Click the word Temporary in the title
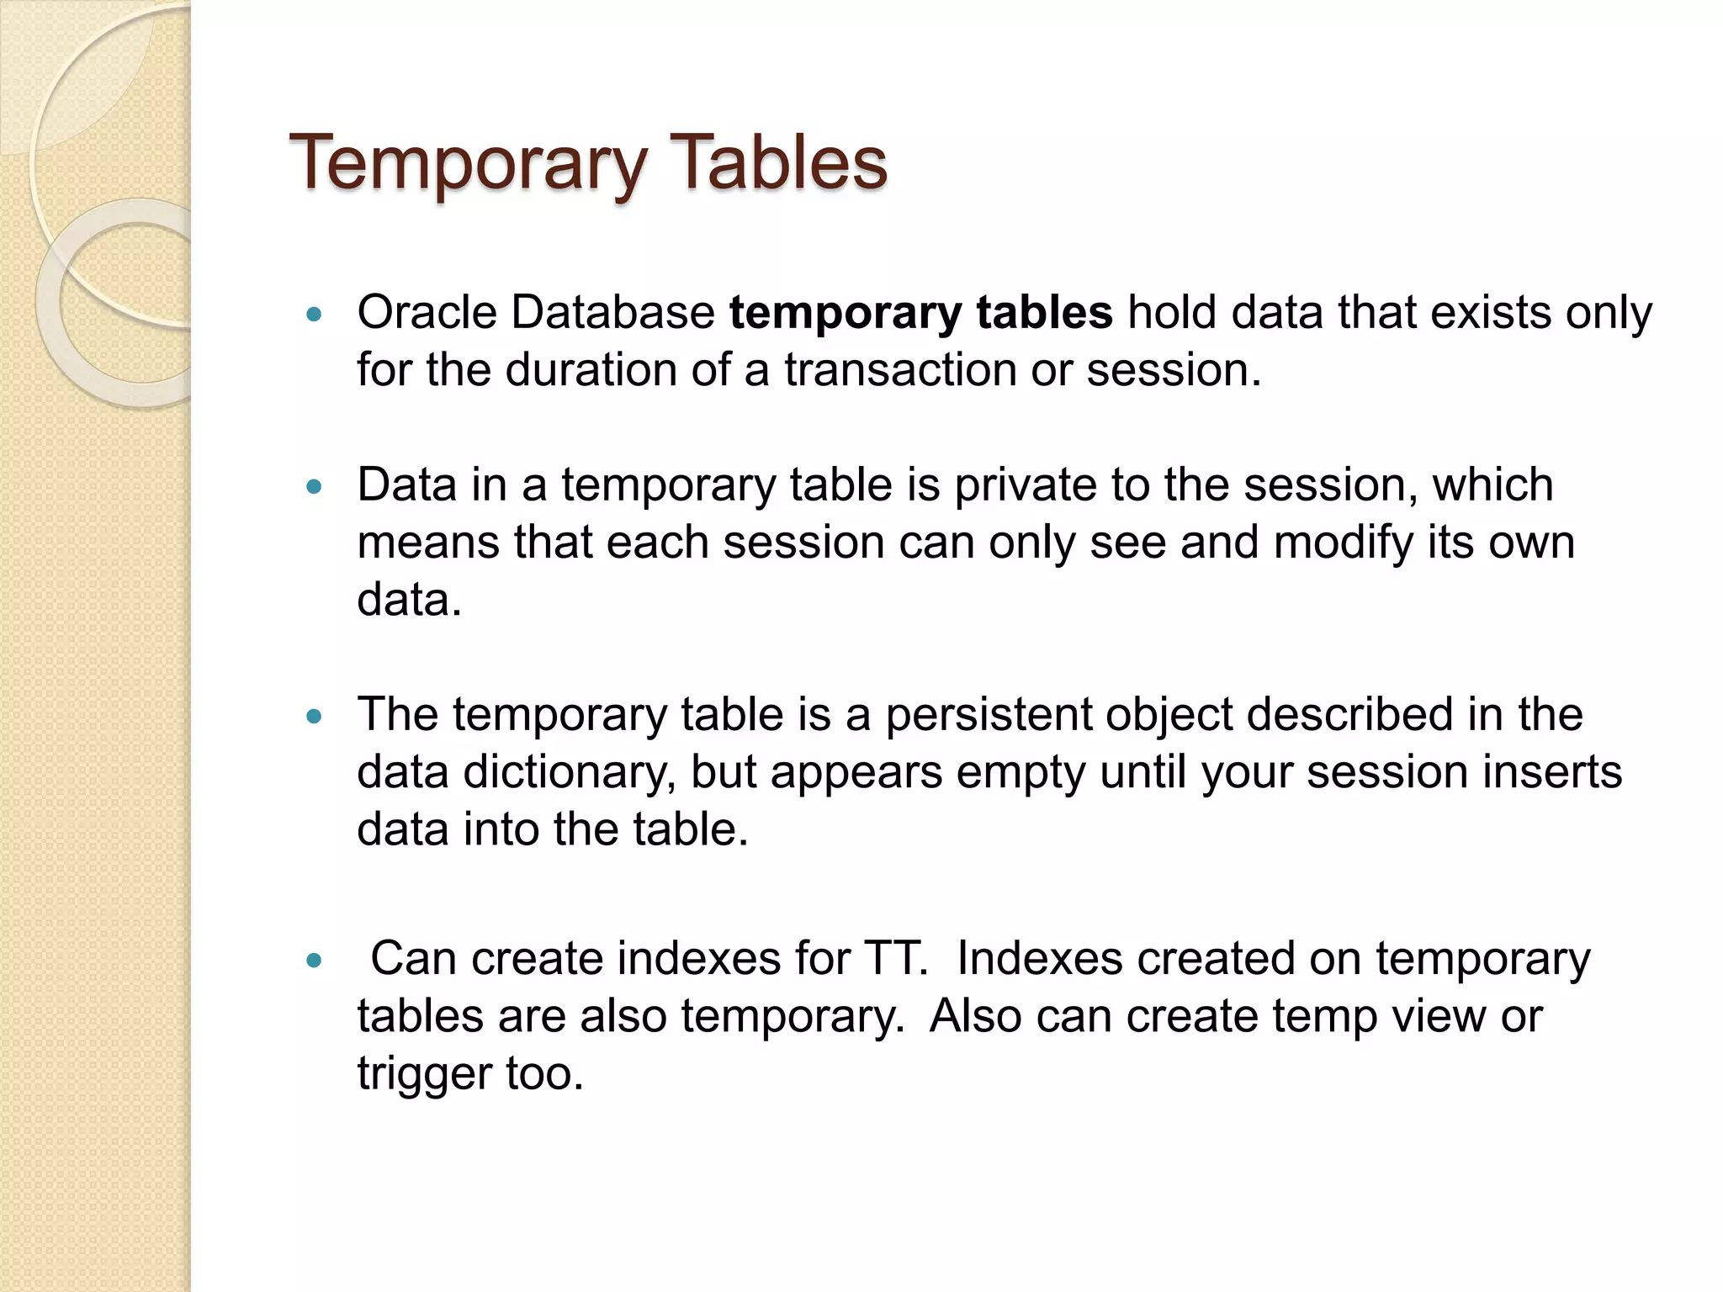[x=469, y=163]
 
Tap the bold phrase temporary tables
[x=920, y=314]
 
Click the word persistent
[x=988, y=715]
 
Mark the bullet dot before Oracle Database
[x=315, y=315]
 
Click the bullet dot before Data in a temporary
[x=315, y=487]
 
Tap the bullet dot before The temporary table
[x=315, y=717]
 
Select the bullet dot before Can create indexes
[x=315, y=961]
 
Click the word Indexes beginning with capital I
[x=1039, y=959]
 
